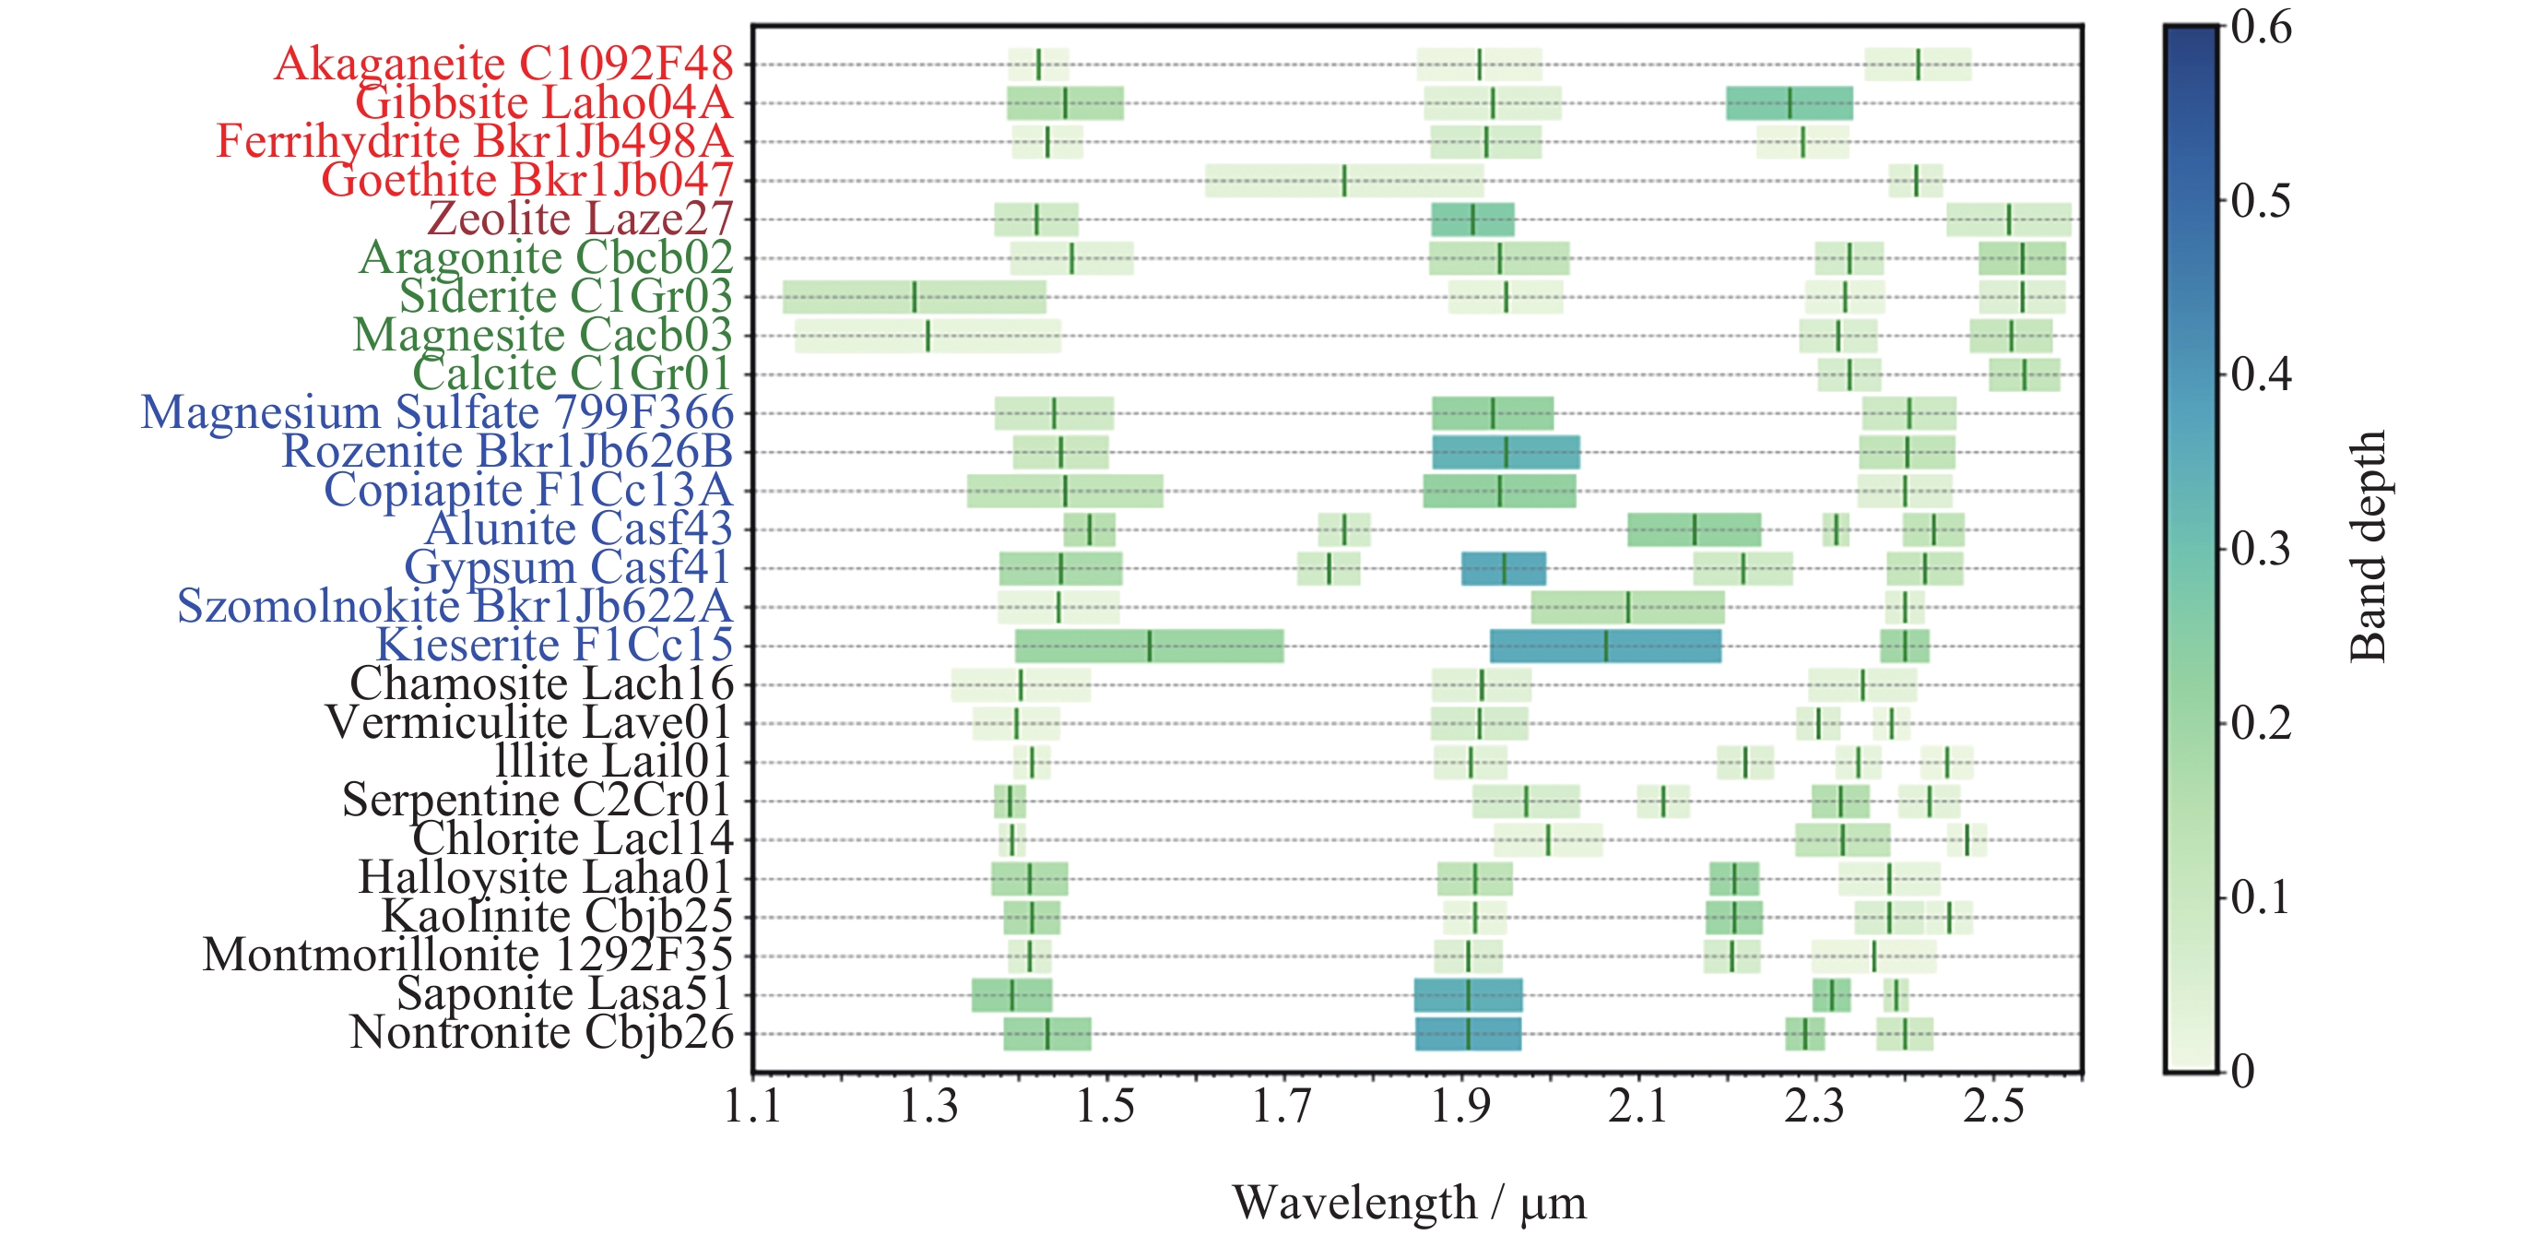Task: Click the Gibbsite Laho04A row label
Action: [544, 102]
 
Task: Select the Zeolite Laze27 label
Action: [580, 219]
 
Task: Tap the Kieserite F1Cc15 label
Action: [554, 645]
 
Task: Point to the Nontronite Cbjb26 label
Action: [541, 1033]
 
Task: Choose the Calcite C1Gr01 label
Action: [573, 374]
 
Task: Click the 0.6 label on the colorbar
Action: [2261, 28]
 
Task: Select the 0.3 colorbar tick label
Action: [2261, 550]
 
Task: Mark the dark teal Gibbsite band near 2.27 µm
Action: [1789, 103]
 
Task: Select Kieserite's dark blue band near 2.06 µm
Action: [1605, 647]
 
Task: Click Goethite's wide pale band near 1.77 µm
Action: [1343, 181]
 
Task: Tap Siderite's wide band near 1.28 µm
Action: [914, 297]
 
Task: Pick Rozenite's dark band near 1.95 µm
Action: [1506, 452]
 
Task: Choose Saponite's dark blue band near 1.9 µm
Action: [1467, 995]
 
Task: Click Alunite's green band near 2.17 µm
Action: [1694, 529]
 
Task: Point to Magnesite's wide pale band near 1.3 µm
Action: [928, 336]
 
